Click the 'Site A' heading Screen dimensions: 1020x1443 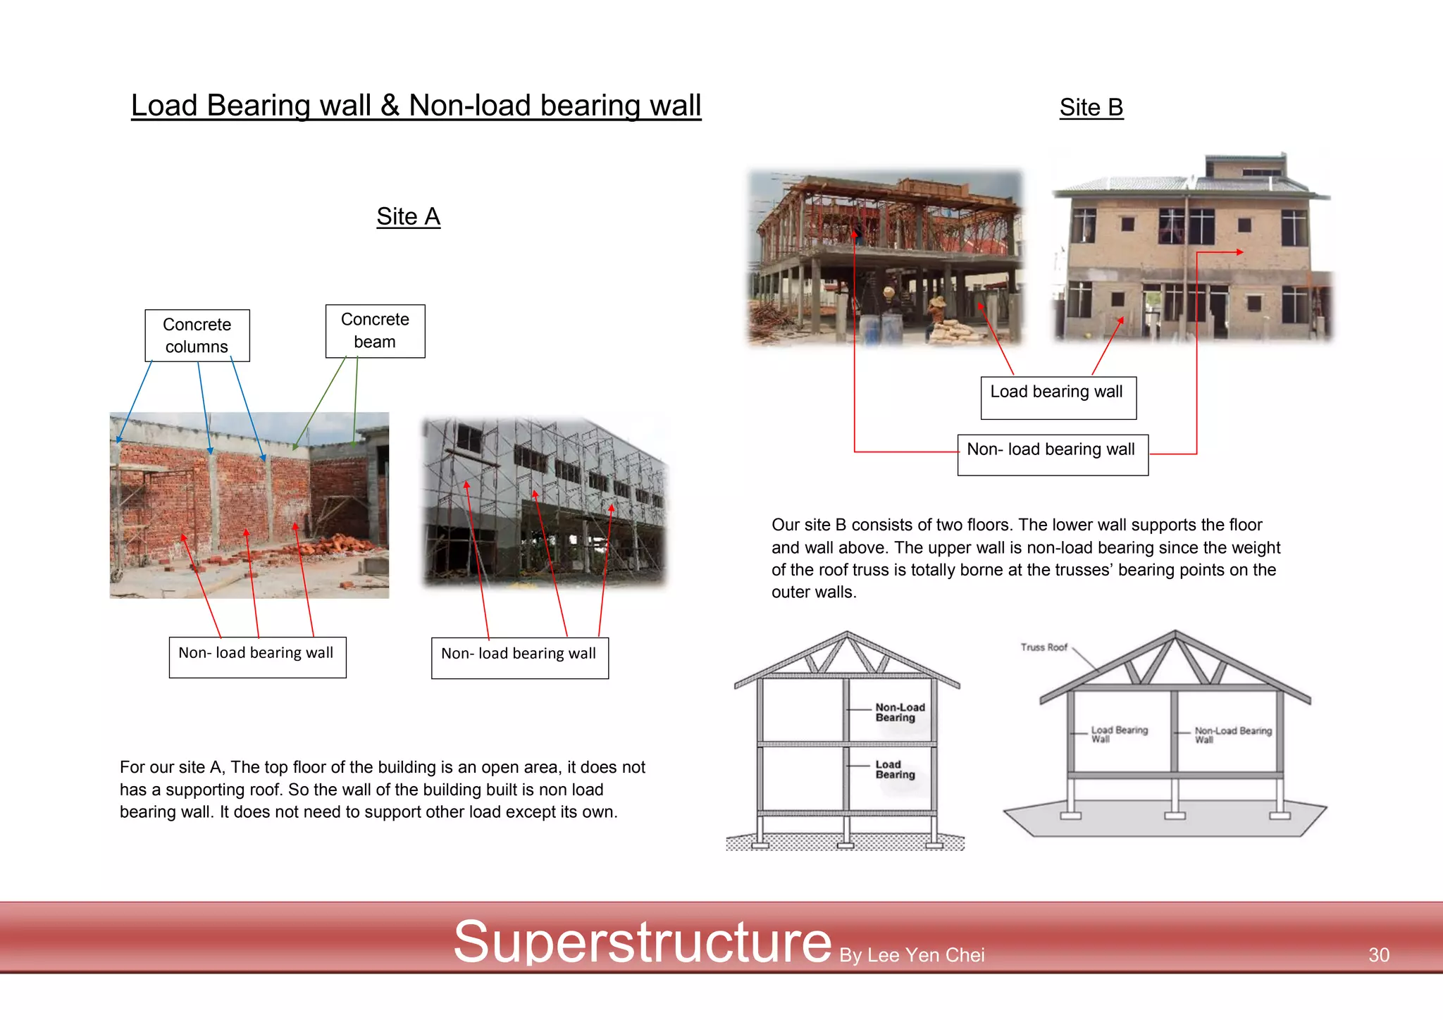click(408, 216)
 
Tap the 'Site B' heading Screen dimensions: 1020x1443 click(1091, 107)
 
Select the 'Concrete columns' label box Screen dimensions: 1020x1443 click(197, 335)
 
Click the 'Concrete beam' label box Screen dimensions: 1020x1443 click(375, 331)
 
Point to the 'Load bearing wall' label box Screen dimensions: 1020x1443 click(1058, 397)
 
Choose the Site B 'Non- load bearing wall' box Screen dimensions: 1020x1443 click(1052, 454)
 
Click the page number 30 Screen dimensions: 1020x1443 click(1378, 954)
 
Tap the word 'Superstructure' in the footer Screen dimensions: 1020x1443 click(642, 942)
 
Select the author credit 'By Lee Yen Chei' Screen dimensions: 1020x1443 click(912, 955)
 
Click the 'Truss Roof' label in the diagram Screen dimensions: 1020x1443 click(1043, 647)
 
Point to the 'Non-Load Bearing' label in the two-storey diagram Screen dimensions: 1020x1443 click(900, 712)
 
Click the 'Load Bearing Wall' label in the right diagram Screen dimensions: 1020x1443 click(1119, 734)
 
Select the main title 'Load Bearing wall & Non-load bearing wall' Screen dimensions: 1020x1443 click(416, 106)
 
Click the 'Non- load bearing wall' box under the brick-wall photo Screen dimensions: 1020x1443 click(257, 657)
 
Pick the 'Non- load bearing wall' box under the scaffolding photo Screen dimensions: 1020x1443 click(519, 658)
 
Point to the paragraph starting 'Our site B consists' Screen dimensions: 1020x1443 click(1025, 558)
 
